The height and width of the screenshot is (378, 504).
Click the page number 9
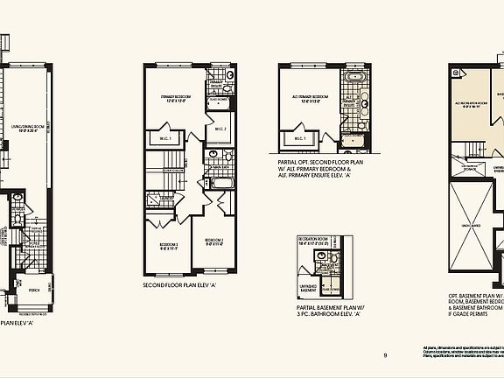pos(384,354)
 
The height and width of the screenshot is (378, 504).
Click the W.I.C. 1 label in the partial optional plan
pos(298,138)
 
